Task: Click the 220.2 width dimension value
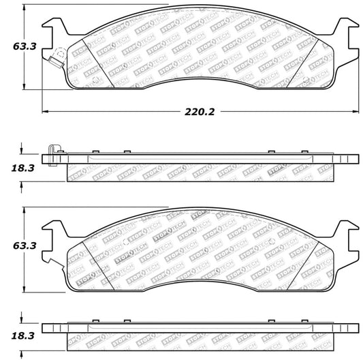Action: pos(198,112)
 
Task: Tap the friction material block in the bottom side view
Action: pos(200,339)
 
